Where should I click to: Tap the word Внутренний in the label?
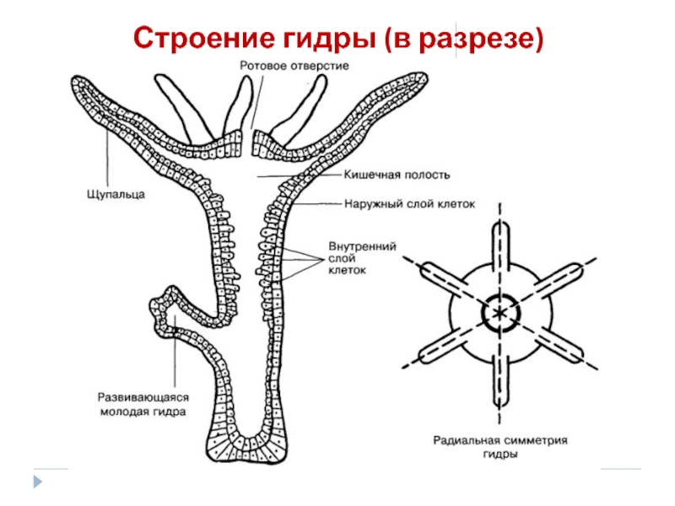coord(362,245)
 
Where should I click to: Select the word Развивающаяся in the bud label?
coord(143,396)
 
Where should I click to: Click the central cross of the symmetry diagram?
coord(500,313)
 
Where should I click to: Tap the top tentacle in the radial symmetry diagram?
coord(500,245)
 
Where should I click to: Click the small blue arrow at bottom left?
coord(37,481)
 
